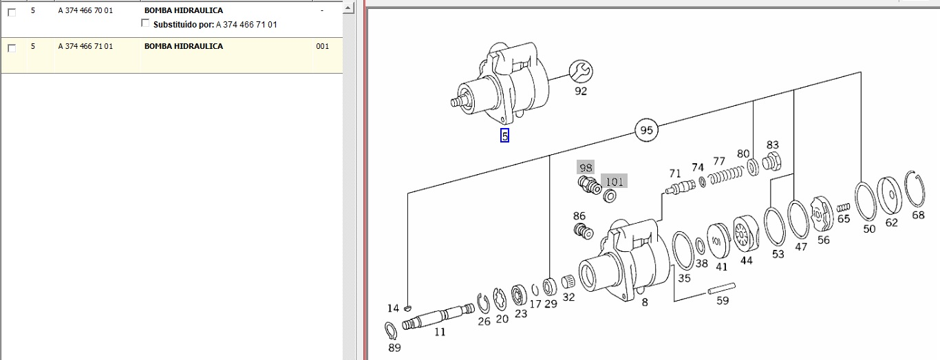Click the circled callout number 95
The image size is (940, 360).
pos(646,130)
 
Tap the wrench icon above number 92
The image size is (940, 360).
pos(581,72)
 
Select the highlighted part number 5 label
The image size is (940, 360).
pos(505,136)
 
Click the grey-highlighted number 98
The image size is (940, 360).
pos(586,167)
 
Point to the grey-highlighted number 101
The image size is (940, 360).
pos(615,181)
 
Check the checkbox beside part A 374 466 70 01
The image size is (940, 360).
pos(12,12)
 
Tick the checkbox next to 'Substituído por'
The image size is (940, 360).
pos(145,23)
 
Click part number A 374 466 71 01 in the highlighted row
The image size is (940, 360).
pos(85,46)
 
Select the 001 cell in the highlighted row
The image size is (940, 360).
pos(322,46)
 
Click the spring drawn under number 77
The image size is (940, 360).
pos(726,176)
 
